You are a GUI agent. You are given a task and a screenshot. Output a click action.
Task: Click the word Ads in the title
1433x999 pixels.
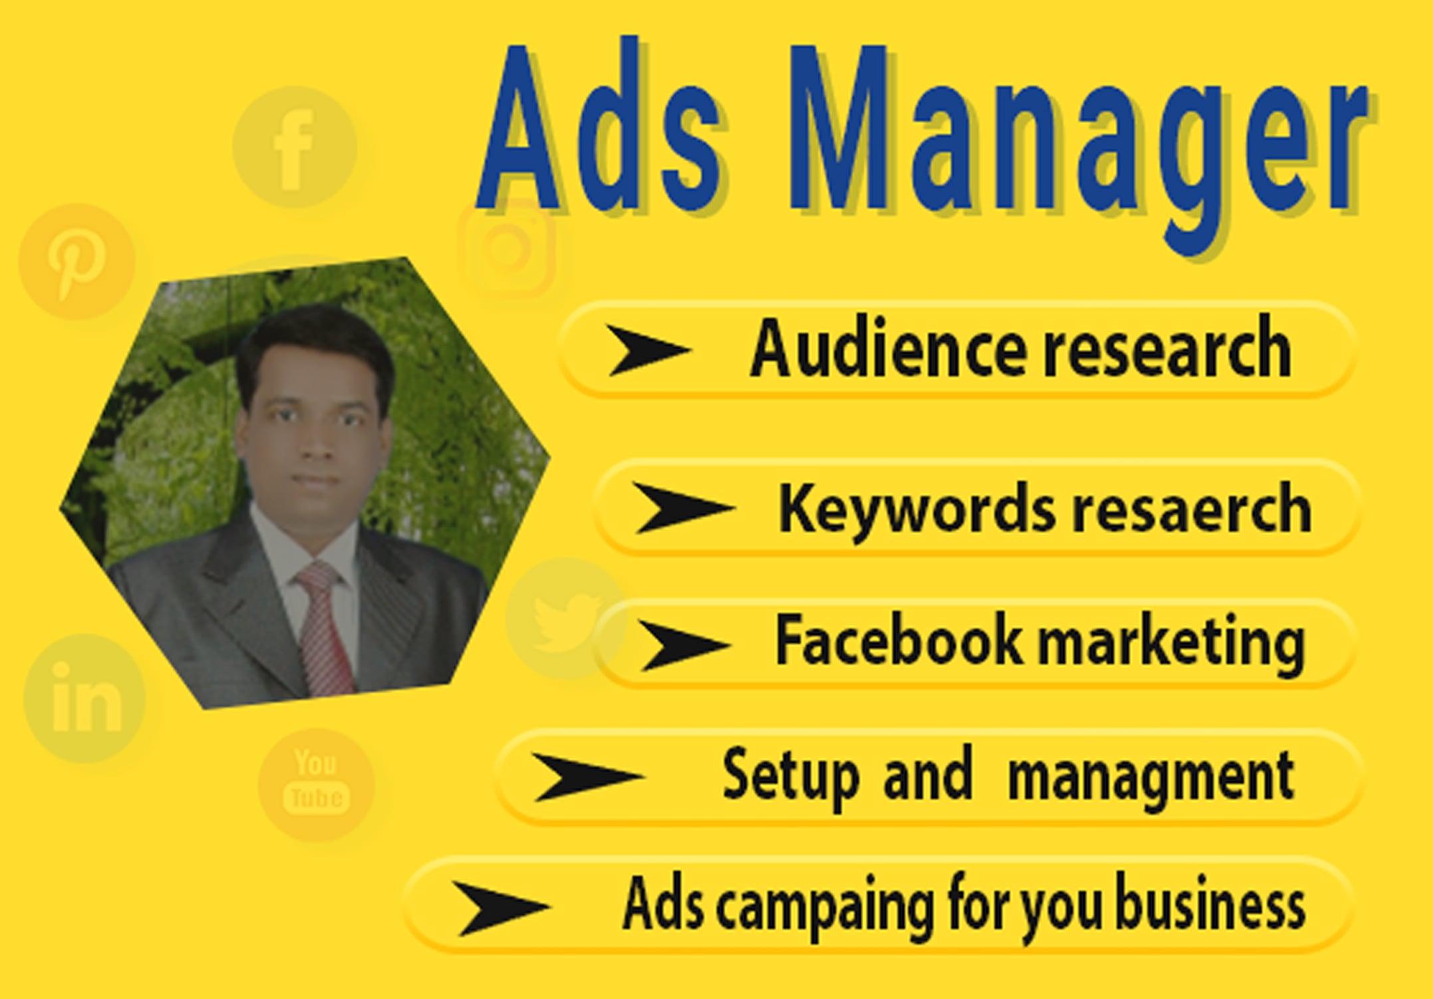[x=599, y=130]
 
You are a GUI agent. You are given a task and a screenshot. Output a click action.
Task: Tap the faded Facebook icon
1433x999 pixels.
[x=294, y=146]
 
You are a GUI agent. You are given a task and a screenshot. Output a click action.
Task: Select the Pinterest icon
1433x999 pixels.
[x=77, y=261]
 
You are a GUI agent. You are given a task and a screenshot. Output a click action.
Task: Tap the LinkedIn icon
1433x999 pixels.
[x=84, y=698]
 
